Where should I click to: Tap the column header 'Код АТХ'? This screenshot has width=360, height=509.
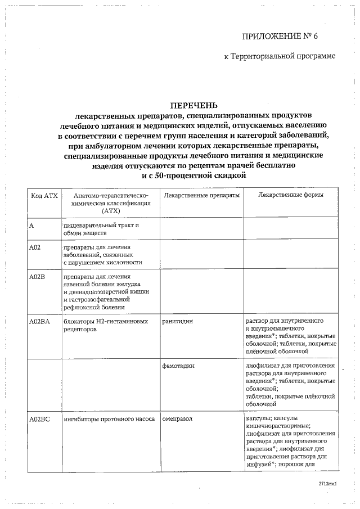point(43,195)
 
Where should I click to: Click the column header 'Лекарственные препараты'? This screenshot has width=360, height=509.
point(201,195)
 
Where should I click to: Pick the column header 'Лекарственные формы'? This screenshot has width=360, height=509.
point(290,195)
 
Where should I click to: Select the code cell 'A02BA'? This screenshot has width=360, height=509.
point(40,321)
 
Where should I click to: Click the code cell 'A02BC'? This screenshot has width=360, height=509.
point(40,419)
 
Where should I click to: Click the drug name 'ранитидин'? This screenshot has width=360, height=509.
point(177,321)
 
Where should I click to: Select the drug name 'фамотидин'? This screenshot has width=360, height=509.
point(178,366)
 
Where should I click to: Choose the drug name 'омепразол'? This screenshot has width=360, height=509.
point(178,419)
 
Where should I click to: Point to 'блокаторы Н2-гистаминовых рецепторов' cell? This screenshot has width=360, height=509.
point(106,325)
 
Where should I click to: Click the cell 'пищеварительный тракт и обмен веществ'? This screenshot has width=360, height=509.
point(101,229)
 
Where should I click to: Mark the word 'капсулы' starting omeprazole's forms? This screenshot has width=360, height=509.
point(258,419)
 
